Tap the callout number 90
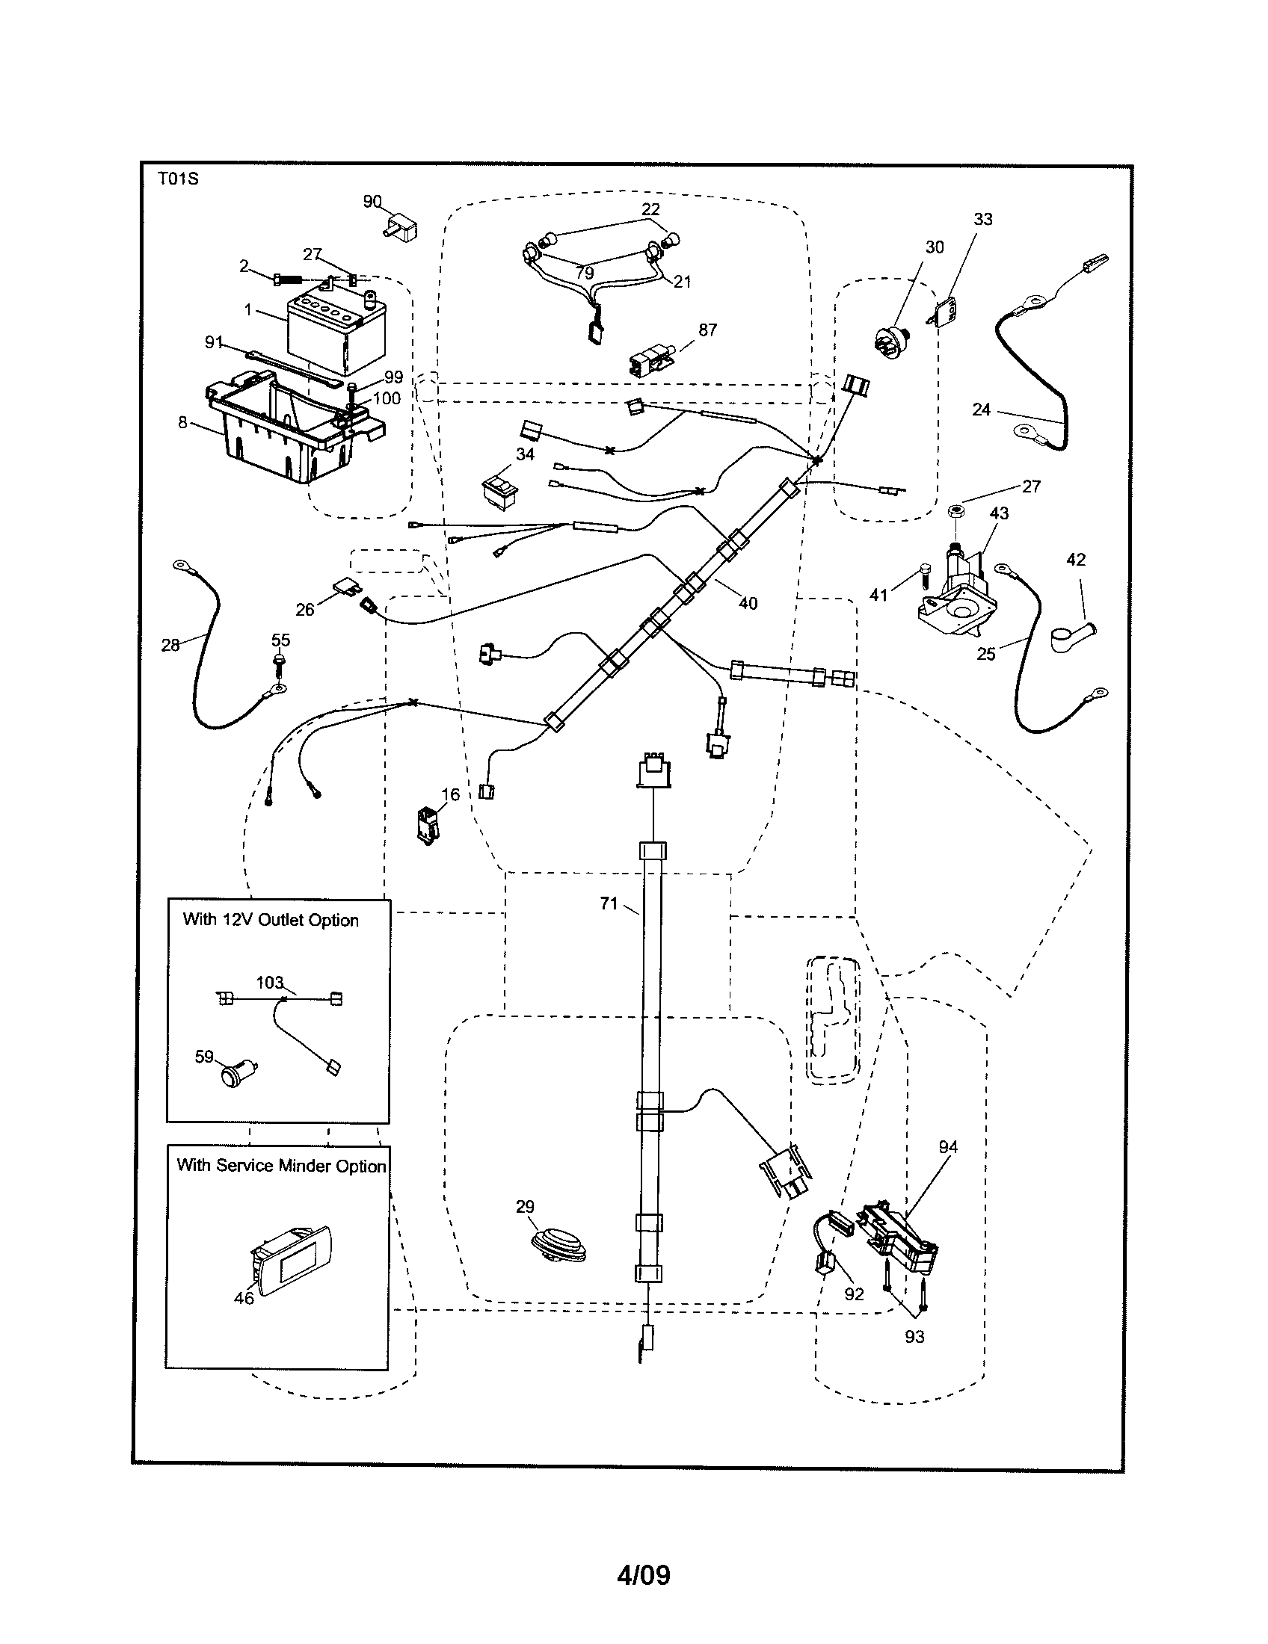pos(372,201)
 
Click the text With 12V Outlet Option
pos(271,920)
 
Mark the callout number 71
pos(609,903)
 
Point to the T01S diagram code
pos(178,179)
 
